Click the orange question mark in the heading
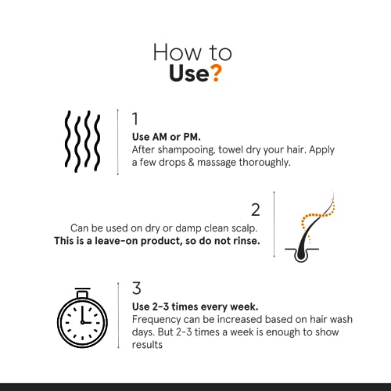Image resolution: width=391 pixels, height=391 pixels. tap(216, 75)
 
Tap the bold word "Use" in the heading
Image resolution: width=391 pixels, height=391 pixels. tap(188, 75)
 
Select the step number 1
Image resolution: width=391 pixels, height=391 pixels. tap(135, 120)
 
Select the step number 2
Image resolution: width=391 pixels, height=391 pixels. tap(255, 209)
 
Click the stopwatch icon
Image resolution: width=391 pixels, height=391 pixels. tap(81, 321)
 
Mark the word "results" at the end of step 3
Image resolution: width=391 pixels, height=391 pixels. tap(149, 346)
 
